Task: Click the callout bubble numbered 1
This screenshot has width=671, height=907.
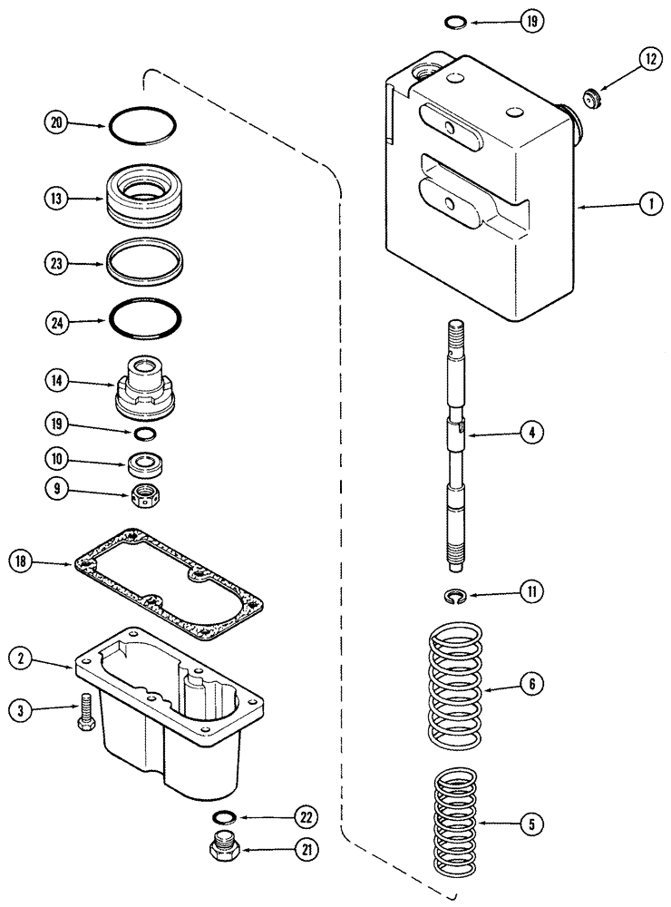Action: (649, 206)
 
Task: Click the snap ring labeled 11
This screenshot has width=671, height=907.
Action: (461, 595)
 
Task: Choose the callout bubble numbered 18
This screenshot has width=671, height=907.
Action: (24, 563)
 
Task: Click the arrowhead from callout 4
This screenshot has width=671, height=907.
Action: (470, 435)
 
